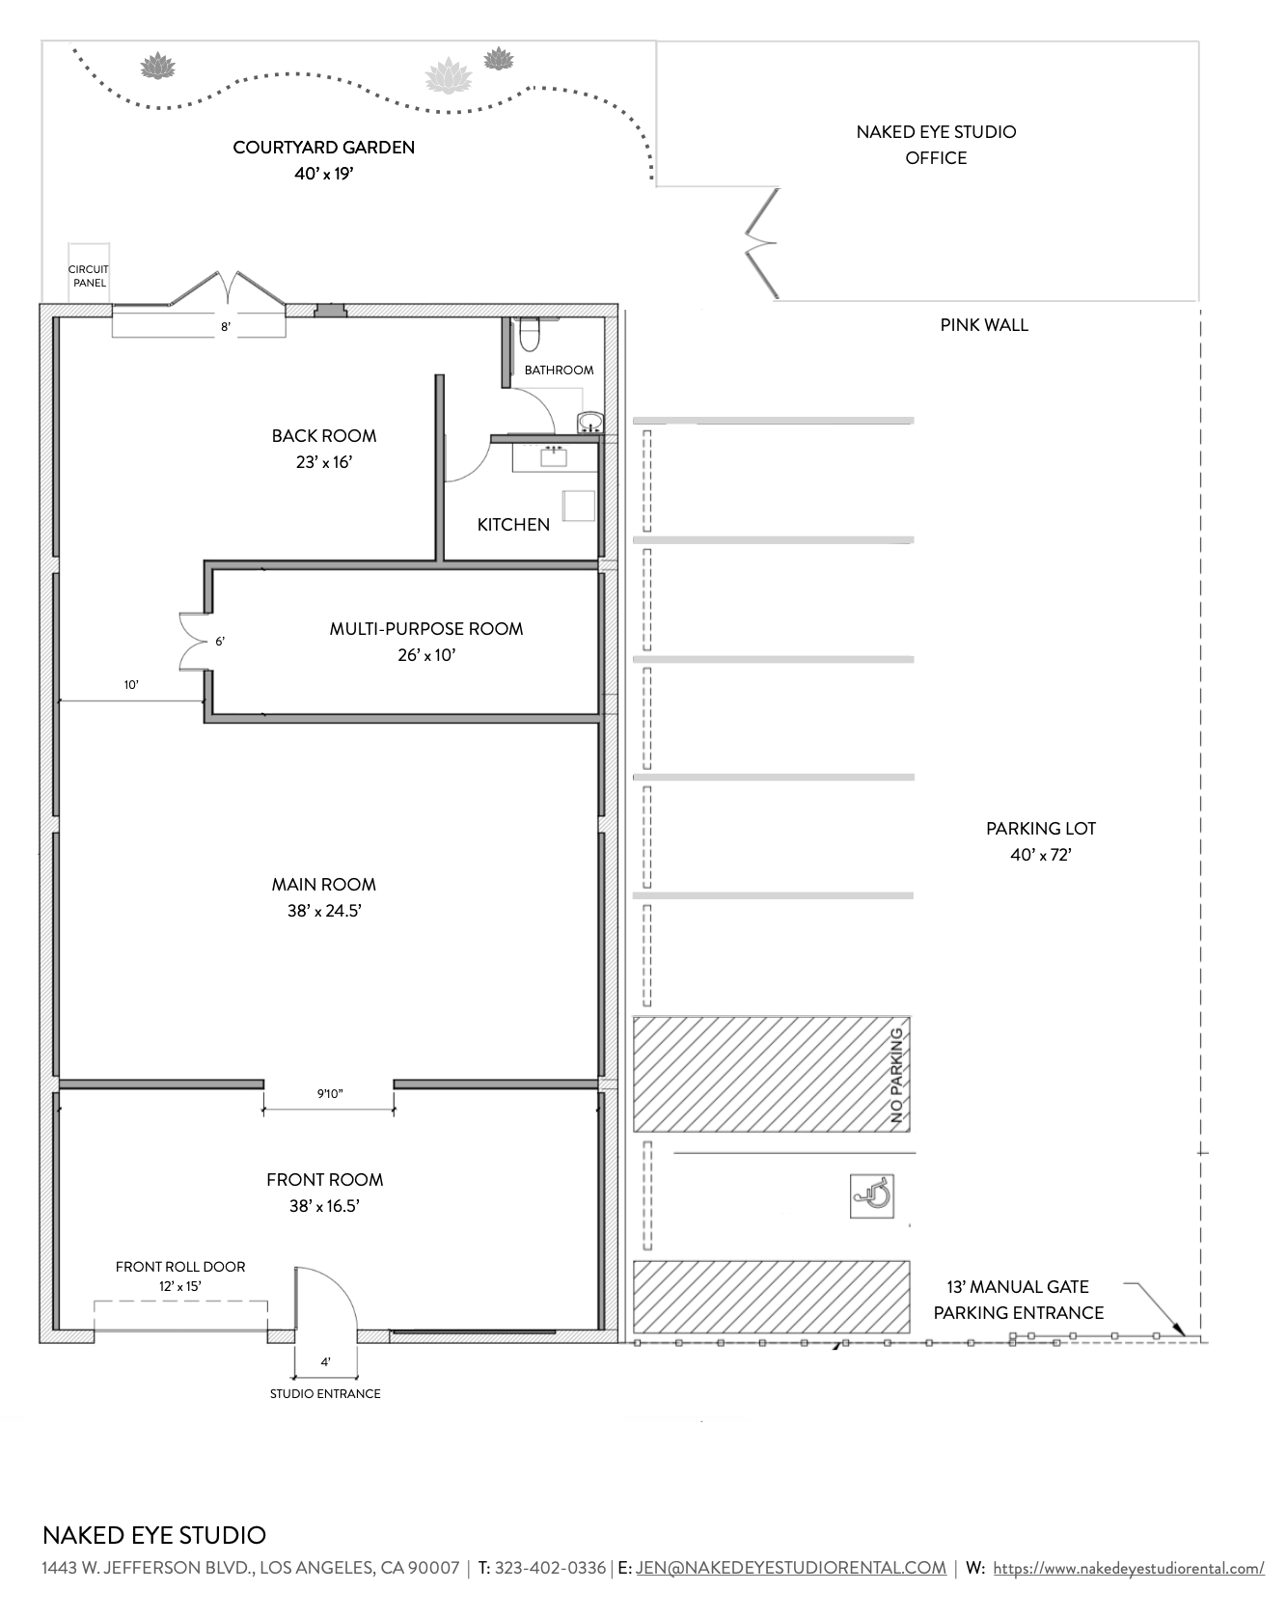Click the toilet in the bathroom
point(530,334)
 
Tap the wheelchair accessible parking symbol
point(872,1195)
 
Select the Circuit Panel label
point(88,276)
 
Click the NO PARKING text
point(897,1076)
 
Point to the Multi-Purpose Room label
point(426,629)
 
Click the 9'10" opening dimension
point(330,1094)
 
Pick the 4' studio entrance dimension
point(326,1362)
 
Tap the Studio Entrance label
point(325,1393)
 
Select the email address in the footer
point(791,1568)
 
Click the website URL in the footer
point(1129,1569)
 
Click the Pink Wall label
point(984,325)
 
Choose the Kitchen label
point(513,525)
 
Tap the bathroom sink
point(589,422)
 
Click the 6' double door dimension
point(220,641)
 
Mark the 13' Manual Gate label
point(1018,1287)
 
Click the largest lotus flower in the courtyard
point(448,75)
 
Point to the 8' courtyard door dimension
point(226,327)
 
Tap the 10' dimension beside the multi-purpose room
point(131,685)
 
